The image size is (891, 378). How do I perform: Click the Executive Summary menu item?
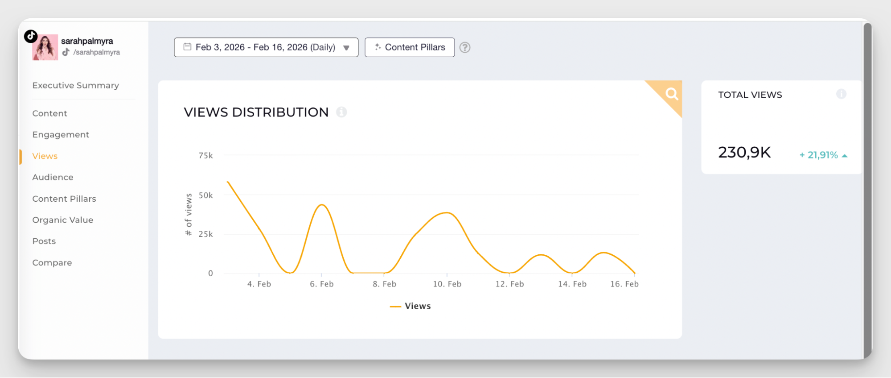pyautogui.click(x=75, y=85)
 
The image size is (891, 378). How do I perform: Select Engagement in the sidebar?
pyautogui.click(x=61, y=135)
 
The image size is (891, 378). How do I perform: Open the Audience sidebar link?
pyautogui.click(x=53, y=177)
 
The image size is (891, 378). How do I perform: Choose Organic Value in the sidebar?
pyautogui.click(x=62, y=220)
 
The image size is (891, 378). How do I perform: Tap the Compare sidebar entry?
pyautogui.click(x=52, y=263)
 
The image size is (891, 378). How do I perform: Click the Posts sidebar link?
pyautogui.click(x=44, y=241)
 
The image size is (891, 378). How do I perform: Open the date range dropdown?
pyautogui.click(x=266, y=47)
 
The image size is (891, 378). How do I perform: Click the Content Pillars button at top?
pyautogui.click(x=410, y=47)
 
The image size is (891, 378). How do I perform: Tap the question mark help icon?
pyautogui.click(x=465, y=47)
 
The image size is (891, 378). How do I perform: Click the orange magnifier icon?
pyautogui.click(x=672, y=94)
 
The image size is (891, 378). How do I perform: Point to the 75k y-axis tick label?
pyautogui.click(x=205, y=156)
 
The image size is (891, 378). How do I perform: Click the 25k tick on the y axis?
pyautogui.click(x=205, y=234)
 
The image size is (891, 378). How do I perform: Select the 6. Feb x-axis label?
pyautogui.click(x=322, y=284)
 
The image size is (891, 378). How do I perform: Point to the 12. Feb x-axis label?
pyautogui.click(x=509, y=284)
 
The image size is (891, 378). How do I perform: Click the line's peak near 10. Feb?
pyautogui.click(x=447, y=213)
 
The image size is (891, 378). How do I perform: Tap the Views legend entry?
pyautogui.click(x=411, y=306)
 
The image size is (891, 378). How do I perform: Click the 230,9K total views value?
pyautogui.click(x=744, y=153)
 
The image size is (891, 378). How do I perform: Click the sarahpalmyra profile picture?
pyautogui.click(x=45, y=47)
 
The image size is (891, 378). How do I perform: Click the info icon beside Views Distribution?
pyautogui.click(x=341, y=112)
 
